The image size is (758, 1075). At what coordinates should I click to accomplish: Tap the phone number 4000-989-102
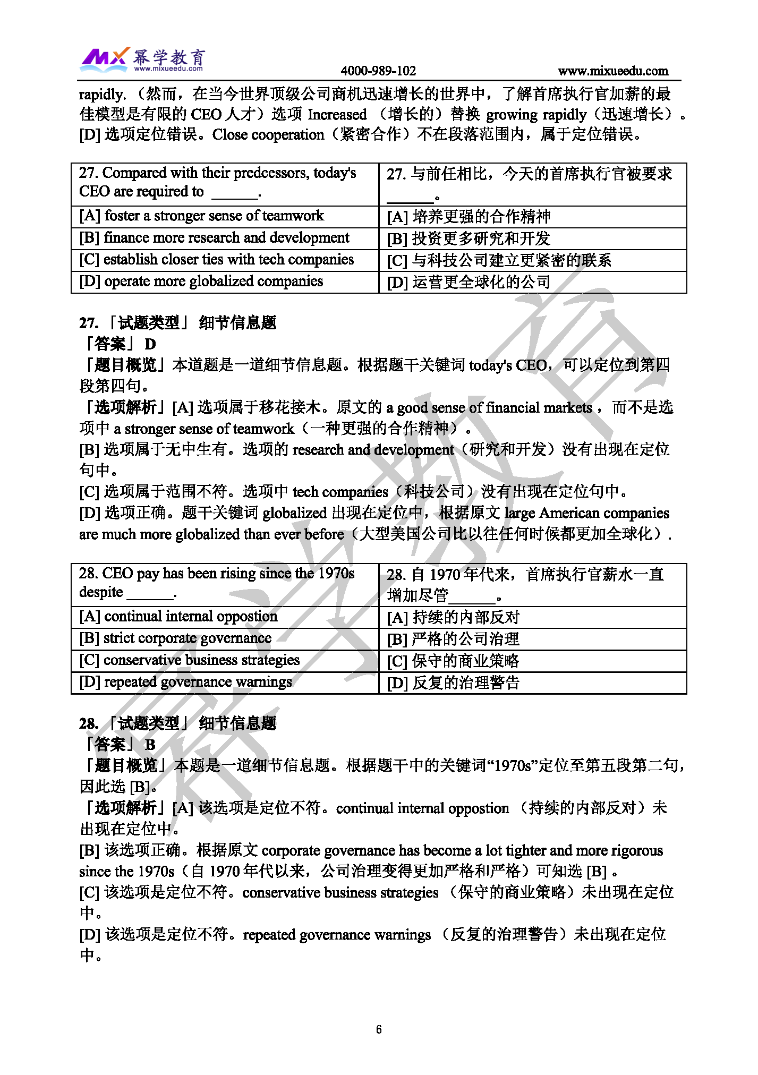[x=378, y=71]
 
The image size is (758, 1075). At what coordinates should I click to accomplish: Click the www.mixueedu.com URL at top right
[x=612, y=71]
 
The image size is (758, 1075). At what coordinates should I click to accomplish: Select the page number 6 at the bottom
[x=379, y=1029]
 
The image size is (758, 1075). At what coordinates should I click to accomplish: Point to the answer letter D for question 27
[x=150, y=344]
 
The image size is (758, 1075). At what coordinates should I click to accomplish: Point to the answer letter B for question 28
[x=150, y=745]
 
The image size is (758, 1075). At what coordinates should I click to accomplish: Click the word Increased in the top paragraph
[x=337, y=115]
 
